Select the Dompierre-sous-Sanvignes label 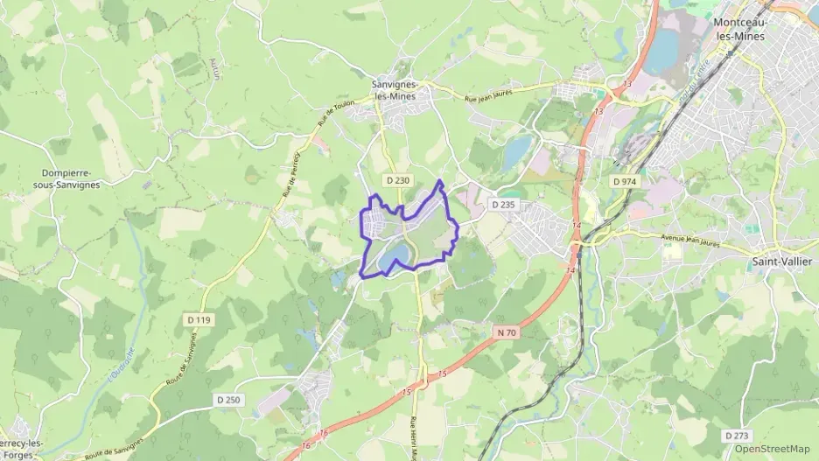tap(71, 178)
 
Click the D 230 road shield tap(397, 180)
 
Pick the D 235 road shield tap(503, 204)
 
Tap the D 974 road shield tap(624, 181)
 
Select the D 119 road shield tap(199, 320)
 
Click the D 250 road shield tap(227, 399)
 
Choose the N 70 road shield tap(507, 332)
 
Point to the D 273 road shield tap(736, 435)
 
